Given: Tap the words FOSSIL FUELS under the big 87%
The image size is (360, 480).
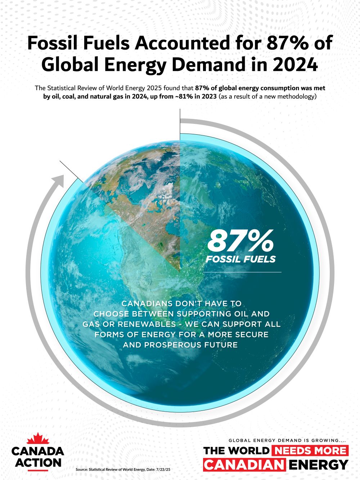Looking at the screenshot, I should click(x=240, y=259).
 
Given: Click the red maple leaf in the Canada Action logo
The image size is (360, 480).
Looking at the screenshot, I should click(x=38, y=439).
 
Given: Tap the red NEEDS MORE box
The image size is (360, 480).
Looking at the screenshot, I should click(x=310, y=450).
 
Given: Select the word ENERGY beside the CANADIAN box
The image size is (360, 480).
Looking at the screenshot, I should click(x=319, y=465).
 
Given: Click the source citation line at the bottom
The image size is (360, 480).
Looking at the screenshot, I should click(x=123, y=470).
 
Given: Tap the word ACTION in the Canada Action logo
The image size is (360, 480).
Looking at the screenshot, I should click(x=38, y=462).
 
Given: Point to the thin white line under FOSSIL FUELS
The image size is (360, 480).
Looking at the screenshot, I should click(x=242, y=272).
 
